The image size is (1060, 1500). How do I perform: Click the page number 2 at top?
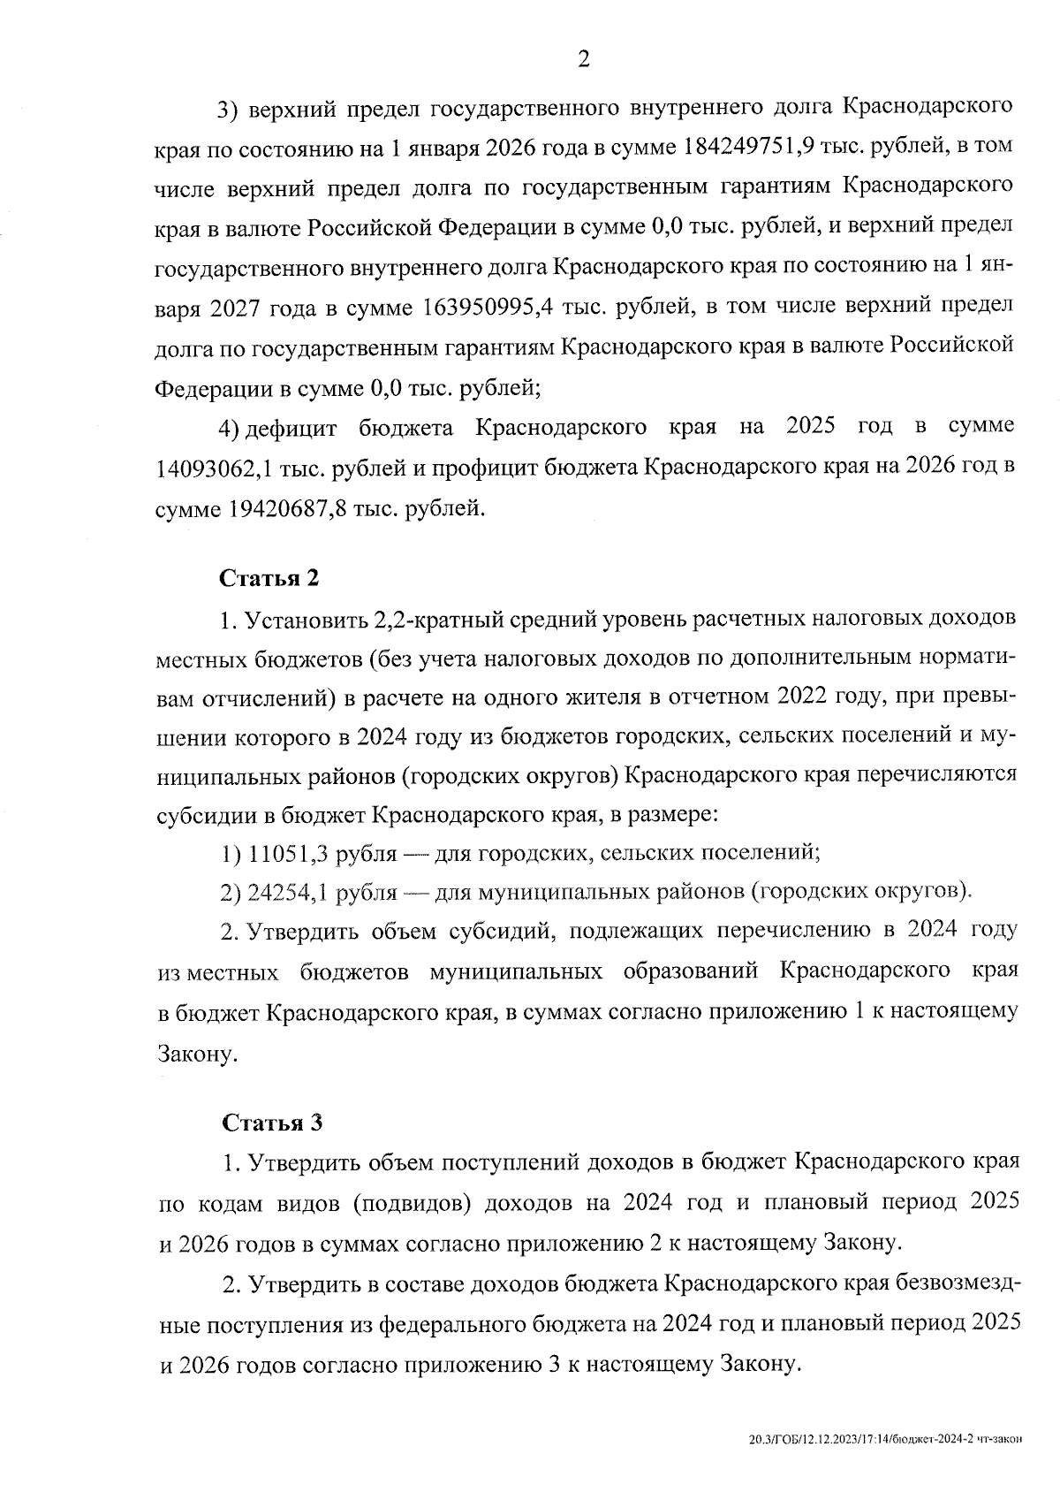point(583,59)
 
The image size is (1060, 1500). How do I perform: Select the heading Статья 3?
point(272,1123)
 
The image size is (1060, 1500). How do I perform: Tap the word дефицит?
point(291,429)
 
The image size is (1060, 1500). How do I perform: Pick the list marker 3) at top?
point(230,107)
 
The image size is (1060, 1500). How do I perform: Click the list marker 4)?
point(230,429)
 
